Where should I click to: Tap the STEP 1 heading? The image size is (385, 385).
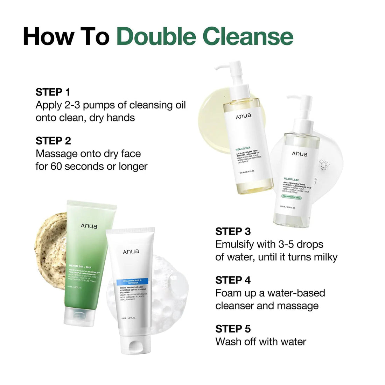[x=53, y=92]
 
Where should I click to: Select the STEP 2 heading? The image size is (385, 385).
[x=53, y=141]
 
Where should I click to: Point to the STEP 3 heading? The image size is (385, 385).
[x=233, y=231]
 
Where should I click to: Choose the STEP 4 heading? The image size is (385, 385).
[x=233, y=280]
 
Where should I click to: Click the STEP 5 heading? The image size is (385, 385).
[x=233, y=329]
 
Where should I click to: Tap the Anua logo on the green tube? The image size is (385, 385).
[x=89, y=226]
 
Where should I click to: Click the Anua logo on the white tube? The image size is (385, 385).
[x=131, y=251]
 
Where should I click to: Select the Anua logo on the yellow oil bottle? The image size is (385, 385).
[x=243, y=116]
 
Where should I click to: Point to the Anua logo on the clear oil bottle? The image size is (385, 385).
[x=300, y=154]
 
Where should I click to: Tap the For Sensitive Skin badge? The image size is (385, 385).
[x=292, y=198]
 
